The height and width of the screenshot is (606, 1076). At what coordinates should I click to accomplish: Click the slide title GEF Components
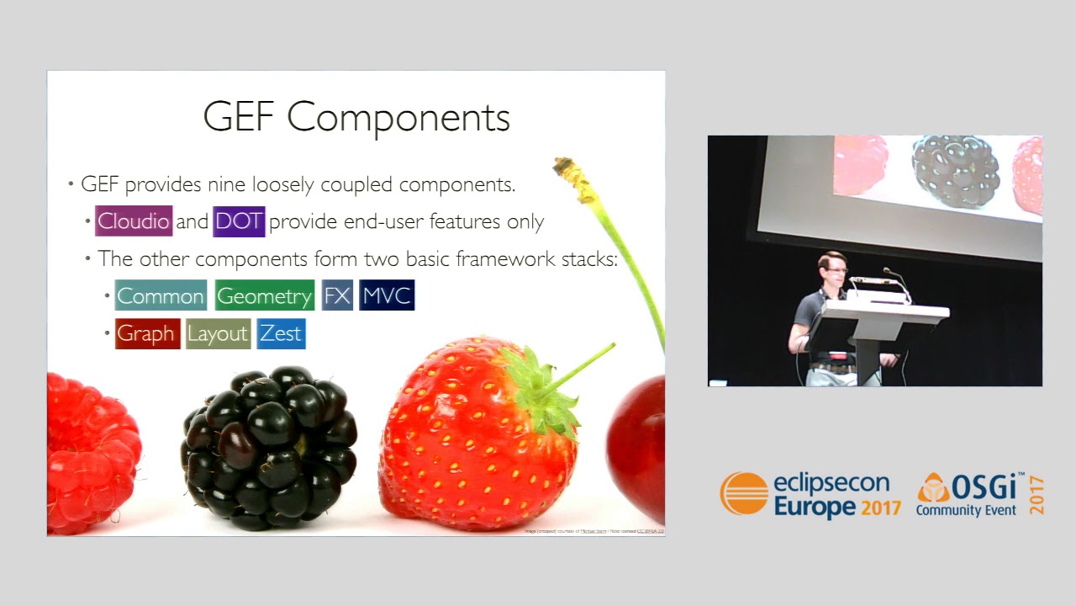coord(356,117)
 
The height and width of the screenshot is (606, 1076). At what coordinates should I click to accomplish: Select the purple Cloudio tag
coord(134,221)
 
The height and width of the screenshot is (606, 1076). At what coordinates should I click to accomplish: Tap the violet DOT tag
coord(240,221)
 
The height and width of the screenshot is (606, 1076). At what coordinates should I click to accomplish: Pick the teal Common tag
coord(161,295)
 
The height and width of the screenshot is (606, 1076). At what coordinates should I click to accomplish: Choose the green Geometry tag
coord(265,295)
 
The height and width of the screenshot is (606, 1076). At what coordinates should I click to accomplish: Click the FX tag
coord(337,295)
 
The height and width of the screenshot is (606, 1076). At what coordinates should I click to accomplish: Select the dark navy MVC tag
coord(387,295)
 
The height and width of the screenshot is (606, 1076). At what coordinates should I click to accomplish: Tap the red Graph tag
coord(147,333)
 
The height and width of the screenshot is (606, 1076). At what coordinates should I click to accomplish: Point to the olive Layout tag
coord(218,333)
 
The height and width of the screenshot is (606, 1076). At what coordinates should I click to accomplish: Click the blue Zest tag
coord(281,333)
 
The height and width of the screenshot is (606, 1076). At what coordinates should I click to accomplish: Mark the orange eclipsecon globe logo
coord(744,494)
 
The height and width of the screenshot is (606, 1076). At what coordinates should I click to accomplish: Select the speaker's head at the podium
coord(831,271)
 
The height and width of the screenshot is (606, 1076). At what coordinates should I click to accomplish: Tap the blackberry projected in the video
coord(956,171)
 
